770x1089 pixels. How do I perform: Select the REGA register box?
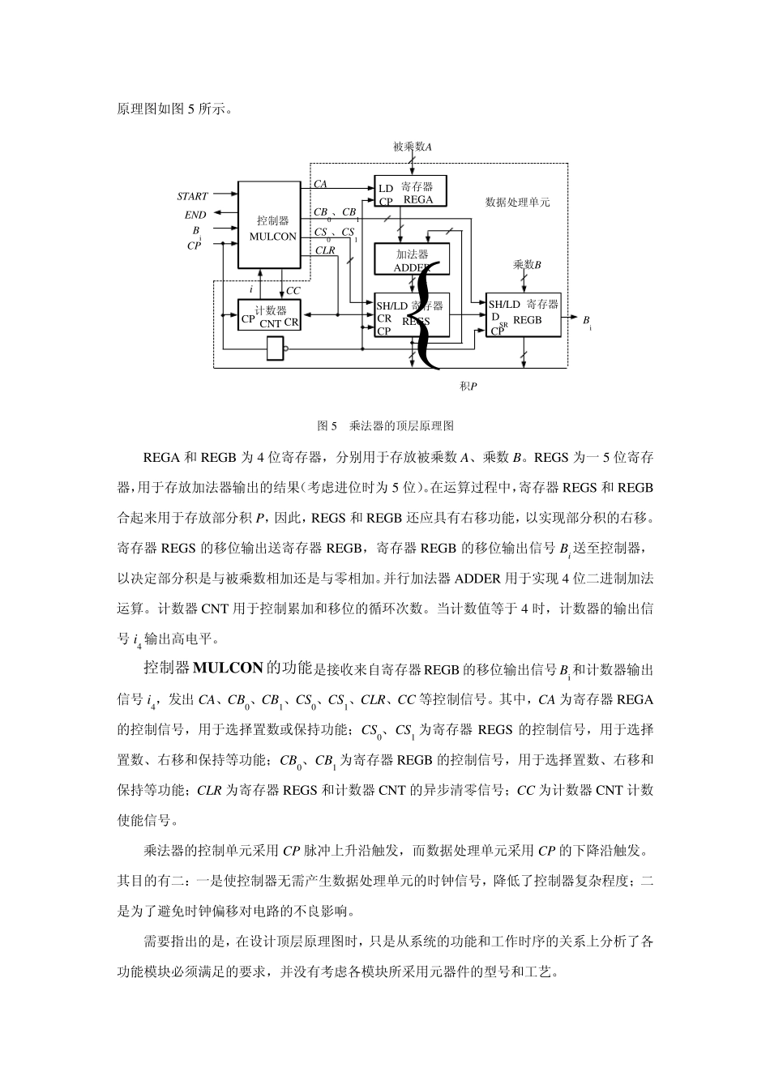(x=410, y=192)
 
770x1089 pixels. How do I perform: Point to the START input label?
(x=192, y=196)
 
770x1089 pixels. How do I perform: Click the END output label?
(x=195, y=215)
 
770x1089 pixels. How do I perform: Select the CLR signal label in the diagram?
(x=324, y=250)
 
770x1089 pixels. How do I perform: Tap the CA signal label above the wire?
(x=320, y=185)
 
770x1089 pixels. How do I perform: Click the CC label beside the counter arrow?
(x=293, y=290)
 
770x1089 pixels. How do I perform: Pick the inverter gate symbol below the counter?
(x=276, y=348)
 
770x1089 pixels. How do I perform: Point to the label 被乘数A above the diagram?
(x=412, y=147)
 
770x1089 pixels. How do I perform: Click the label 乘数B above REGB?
(x=526, y=264)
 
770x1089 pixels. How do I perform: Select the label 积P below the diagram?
(x=468, y=386)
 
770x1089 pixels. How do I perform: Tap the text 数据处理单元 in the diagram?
(x=517, y=202)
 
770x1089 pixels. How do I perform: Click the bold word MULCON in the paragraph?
(x=229, y=668)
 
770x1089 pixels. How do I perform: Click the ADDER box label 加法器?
(x=412, y=254)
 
